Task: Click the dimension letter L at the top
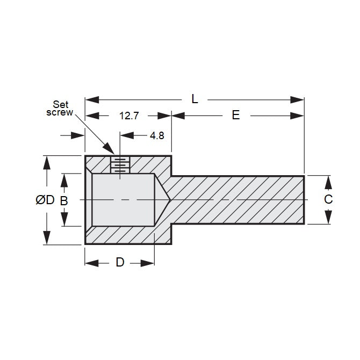click(195, 99)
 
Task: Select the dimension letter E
click(235, 115)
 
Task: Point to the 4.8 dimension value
click(157, 135)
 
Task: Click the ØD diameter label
click(45, 200)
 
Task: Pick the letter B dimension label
click(64, 200)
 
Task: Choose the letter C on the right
click(328, 199)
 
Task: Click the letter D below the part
click(120, 262)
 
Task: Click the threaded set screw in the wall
click(120, 164)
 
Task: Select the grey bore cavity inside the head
click(123, 200)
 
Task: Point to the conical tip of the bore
click(163, 200)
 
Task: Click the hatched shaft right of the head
click(236, 200)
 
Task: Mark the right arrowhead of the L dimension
click(298, 99)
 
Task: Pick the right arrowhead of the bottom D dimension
click(148, 263)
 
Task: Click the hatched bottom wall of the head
click(124, 235)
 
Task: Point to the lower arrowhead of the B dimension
click(64, 220)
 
